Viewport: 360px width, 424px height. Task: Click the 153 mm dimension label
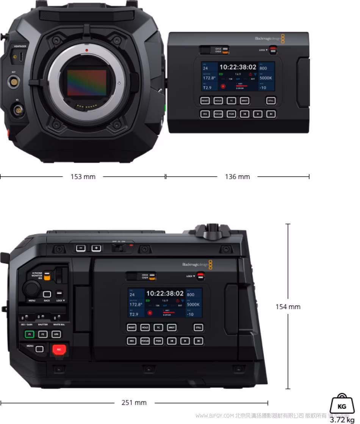[83, 177]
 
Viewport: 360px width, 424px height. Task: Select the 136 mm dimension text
[237, 177]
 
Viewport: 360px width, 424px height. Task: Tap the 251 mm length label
[134, 403]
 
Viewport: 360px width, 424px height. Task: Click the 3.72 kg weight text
[342, 419]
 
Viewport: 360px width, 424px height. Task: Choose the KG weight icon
[342, 405]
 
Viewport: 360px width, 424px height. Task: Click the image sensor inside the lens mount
[87, 82]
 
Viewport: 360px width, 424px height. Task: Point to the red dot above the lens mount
[87, 50]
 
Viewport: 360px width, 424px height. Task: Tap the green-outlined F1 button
[30, 334]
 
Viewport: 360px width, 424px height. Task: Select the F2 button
[43, 334]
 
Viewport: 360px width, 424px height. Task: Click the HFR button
[56, 334]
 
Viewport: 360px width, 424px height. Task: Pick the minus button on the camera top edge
[81, 248]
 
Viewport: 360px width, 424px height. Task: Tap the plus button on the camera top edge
[96, 248]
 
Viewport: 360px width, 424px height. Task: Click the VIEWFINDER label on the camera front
[20, 46]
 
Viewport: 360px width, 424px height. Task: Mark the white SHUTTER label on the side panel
[42, 325]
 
